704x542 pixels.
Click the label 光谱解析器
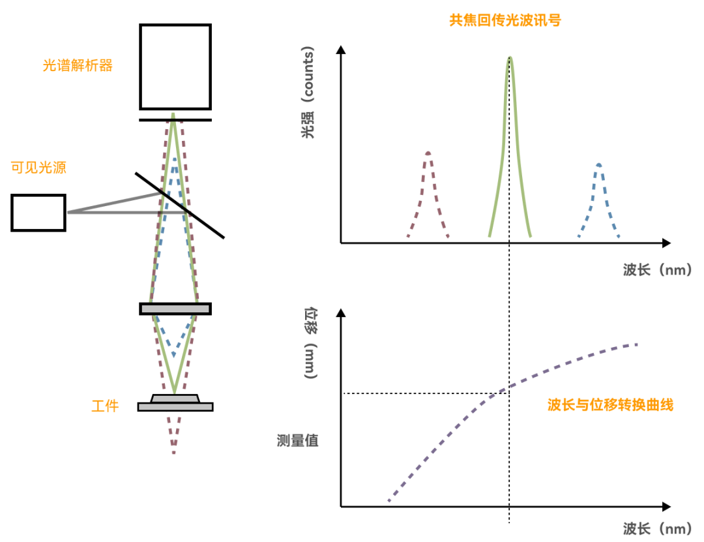78,66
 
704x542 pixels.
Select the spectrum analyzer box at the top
175,67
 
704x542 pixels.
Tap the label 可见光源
39,168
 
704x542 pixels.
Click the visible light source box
38,213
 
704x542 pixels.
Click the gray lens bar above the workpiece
175,309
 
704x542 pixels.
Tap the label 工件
105,406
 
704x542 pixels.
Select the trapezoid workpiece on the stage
175,398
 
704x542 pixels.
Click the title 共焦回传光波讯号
505,20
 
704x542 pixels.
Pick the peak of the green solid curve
510,58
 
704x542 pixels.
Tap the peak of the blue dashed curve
598,164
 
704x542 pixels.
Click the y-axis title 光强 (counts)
307,93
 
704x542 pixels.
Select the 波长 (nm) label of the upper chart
656,270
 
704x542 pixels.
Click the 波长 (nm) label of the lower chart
656,528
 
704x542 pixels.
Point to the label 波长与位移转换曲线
609,405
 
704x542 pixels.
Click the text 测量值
297,440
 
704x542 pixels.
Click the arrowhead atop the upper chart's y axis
340,50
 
